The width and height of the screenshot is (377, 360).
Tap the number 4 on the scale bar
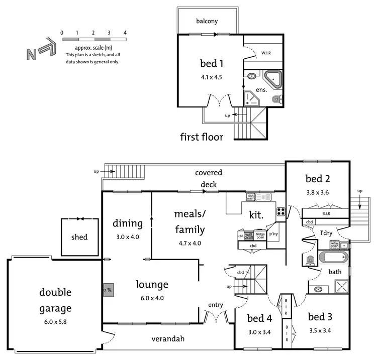[x=125, y=33]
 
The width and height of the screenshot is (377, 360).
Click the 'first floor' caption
[x=202, y=136]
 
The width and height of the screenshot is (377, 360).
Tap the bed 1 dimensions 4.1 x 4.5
[x=211, y=77]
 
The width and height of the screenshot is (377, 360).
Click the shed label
[x=79, y=237]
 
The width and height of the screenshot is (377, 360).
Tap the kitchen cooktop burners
[x=281, y=211]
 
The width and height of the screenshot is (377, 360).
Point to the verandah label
[x=168, y=338]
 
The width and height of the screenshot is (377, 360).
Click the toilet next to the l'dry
[x=310, y=260]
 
